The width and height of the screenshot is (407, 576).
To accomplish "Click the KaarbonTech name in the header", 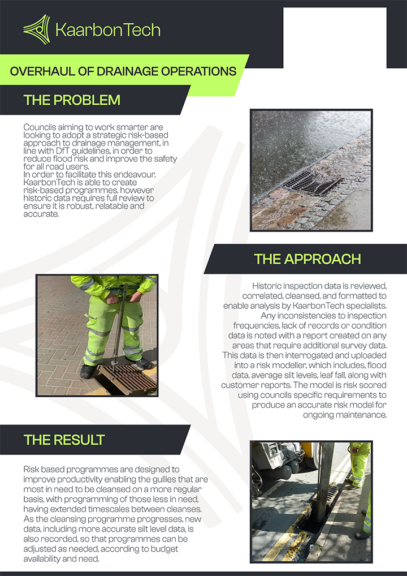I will click(107, 29).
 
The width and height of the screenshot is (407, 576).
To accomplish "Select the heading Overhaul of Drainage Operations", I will click(123, 71).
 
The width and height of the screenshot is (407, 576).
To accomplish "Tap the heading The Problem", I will click(72, 100).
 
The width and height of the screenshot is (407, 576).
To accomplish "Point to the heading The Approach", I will click(308, 259).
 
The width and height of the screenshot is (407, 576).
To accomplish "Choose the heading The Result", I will click(64, 440).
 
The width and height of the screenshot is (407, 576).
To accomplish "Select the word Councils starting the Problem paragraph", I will click(38, 127).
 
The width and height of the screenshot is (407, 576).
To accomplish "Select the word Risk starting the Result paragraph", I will click(32, 470).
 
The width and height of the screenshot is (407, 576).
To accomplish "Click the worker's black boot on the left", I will click(88, 372).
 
